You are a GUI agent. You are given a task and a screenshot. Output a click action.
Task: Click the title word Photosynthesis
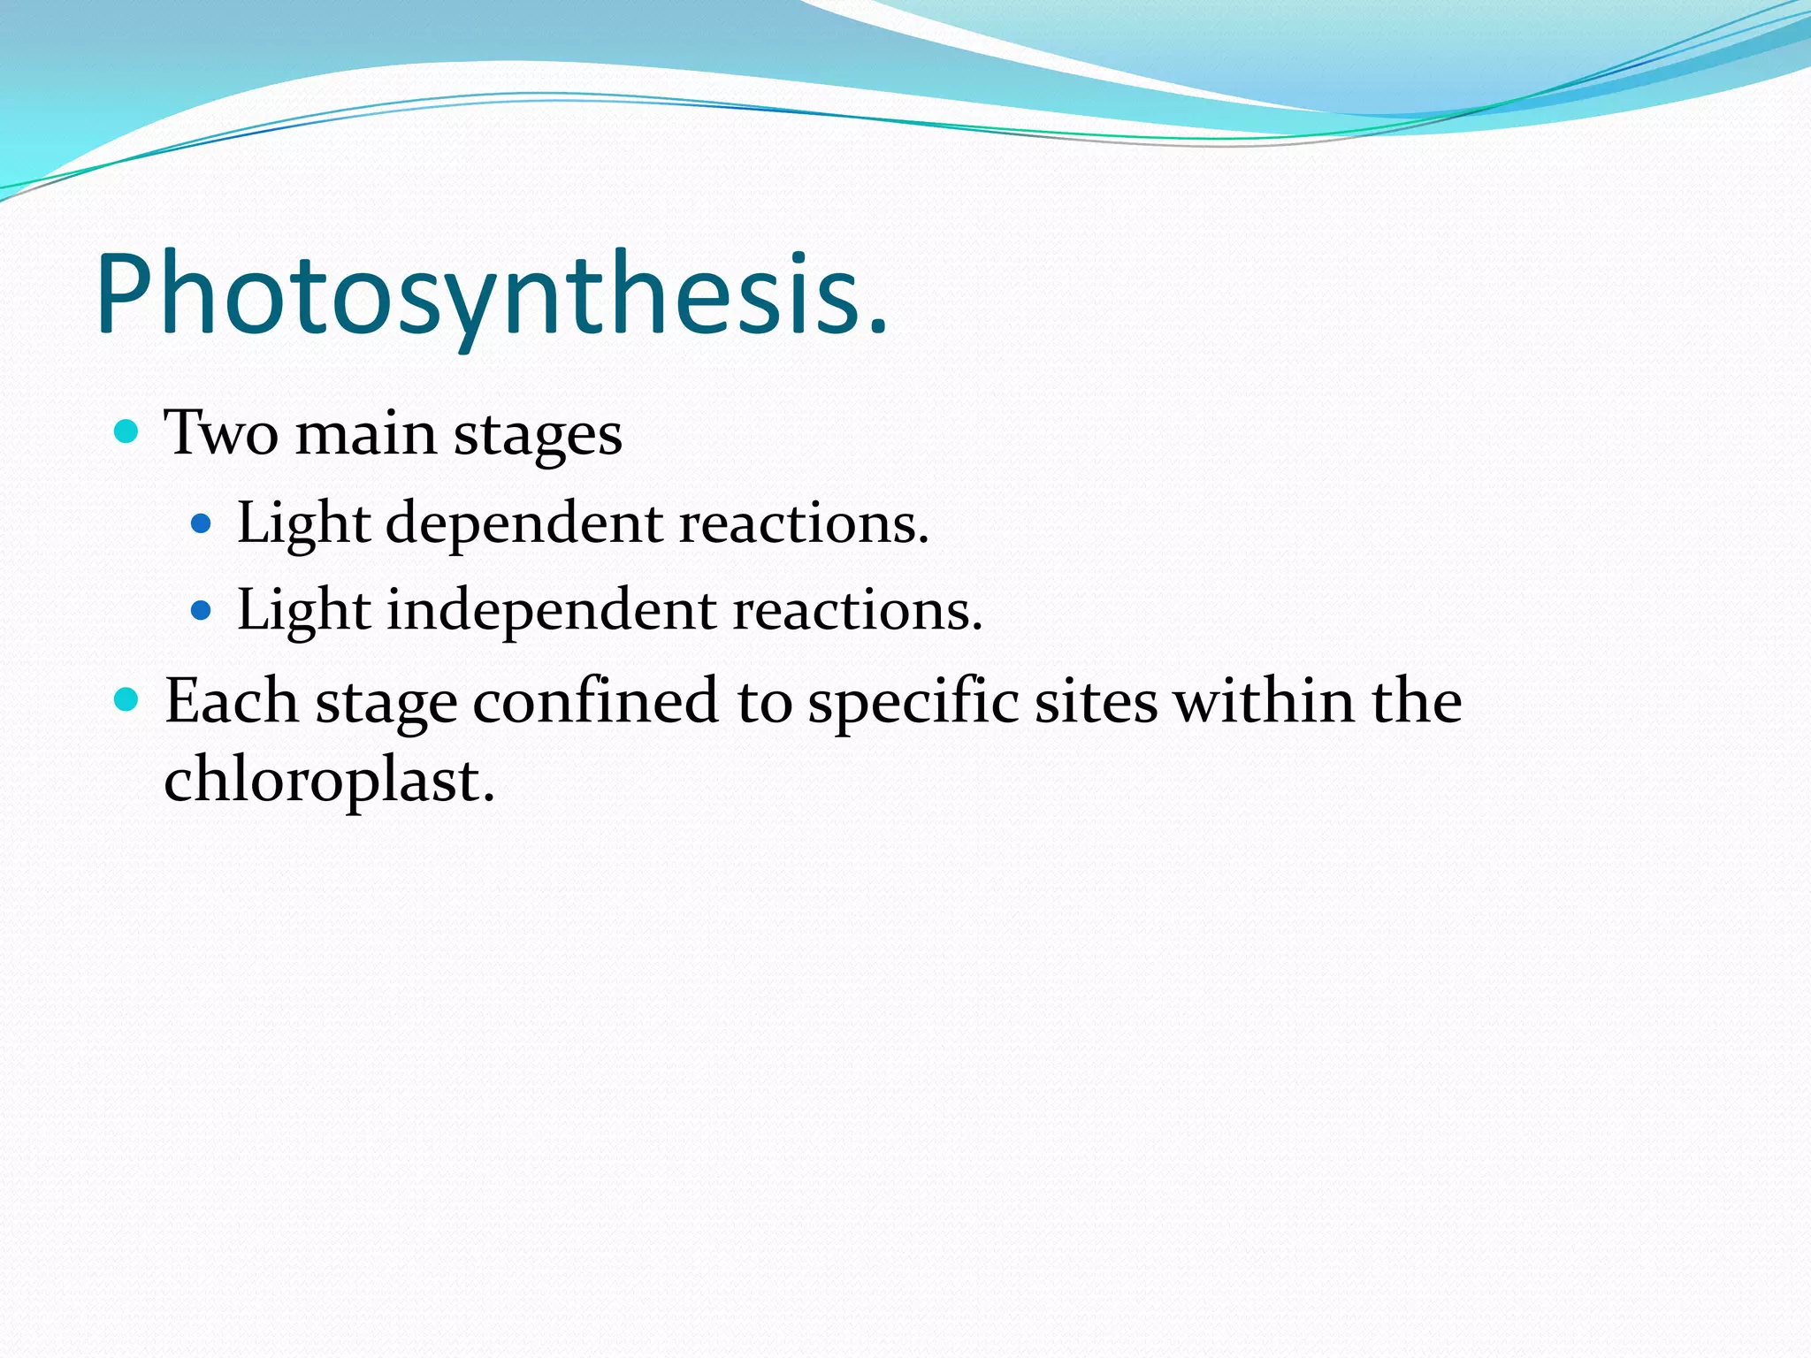(478, 294)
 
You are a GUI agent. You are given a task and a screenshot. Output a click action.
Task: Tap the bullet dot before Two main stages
(127, 431)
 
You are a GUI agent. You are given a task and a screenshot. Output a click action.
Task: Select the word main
(365, 435)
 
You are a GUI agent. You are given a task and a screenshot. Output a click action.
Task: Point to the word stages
(538, 438)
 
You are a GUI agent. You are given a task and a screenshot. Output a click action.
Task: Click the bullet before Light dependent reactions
(202, 523)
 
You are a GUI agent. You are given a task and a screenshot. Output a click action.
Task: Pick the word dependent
(524, 523)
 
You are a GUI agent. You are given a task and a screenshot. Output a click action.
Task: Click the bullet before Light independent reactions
(202, 610)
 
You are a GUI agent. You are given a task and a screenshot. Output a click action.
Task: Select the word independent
(551, 611)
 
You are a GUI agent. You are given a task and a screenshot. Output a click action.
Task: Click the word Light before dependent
(303, 523)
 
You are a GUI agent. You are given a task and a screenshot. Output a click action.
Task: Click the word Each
(231, 701)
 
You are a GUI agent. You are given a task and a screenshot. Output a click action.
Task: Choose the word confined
(595, 701)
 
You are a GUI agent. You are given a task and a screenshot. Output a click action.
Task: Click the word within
(1264, 701)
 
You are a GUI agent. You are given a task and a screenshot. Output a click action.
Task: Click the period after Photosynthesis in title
(876, 329)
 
